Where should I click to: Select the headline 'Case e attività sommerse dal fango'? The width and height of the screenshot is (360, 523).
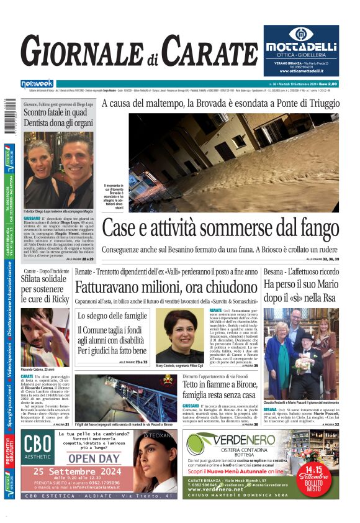pos(220,228)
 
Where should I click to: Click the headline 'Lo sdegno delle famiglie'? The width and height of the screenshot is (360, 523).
pos(112,317)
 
